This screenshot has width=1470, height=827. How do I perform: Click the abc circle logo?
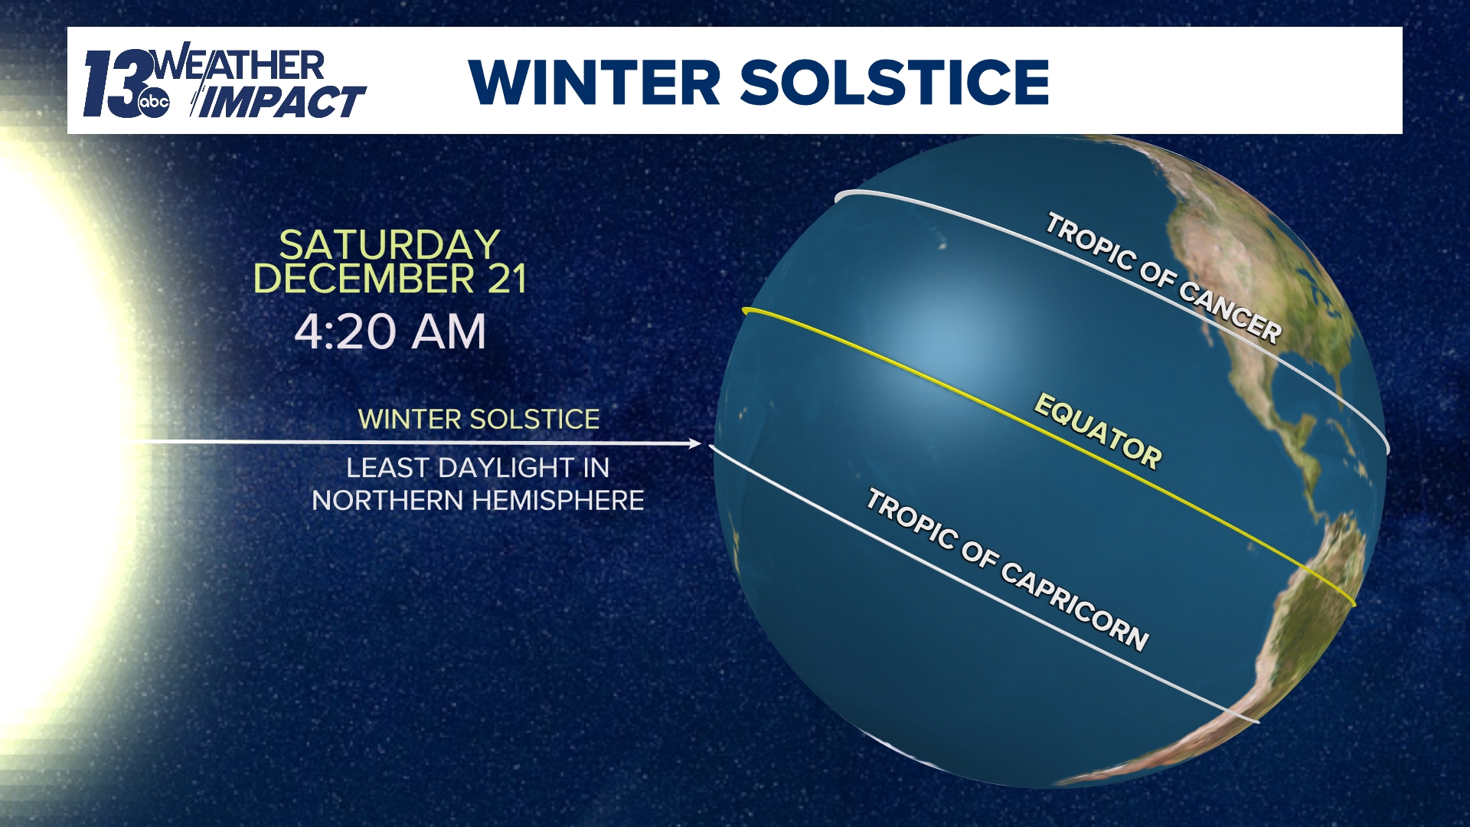[153, 103]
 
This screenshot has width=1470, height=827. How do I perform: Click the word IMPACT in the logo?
[280, 103]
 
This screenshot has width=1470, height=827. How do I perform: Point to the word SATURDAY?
[389, 246]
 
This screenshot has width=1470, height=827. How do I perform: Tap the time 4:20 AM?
[390, 332]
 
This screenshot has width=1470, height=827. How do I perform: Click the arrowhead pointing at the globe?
[695, 443]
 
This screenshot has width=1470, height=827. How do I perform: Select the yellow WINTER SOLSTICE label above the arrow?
[479, 420]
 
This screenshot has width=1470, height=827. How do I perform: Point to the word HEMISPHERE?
[558, 501]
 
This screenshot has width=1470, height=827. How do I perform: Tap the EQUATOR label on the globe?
[1098, 430]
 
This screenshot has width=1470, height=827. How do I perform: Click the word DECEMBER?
[364, 279]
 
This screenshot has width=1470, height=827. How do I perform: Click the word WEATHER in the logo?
[239, 66]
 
